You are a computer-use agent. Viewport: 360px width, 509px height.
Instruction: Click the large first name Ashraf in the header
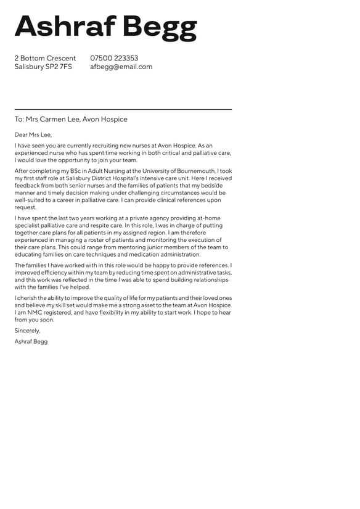click(65, 27)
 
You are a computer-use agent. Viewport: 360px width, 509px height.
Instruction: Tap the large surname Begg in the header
click(159, 28)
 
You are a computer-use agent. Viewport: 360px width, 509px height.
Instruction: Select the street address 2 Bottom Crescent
click(45, 59)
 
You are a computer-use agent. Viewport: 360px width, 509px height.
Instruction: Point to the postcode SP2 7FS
click(59, 67)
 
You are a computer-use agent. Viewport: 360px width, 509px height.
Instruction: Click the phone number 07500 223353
click(114, 59)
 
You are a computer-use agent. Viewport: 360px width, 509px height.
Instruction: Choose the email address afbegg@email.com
click(121, 67)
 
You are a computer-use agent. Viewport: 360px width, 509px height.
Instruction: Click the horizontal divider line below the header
click(123, 109)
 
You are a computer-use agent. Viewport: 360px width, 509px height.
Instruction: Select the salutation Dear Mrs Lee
click(33, 134)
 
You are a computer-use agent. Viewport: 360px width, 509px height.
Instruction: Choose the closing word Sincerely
click(27, 331)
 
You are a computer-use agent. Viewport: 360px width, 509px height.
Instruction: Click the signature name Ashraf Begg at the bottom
click(31, 341)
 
